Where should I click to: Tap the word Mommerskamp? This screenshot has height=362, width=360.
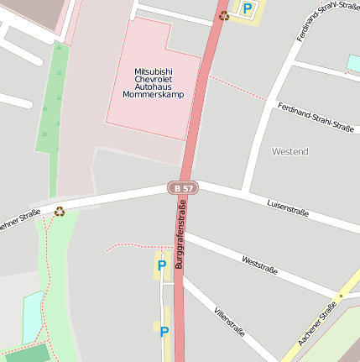click(153, 94)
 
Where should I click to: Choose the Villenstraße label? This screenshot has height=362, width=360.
click(229, 321)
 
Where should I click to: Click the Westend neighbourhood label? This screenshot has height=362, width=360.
click(290, 151)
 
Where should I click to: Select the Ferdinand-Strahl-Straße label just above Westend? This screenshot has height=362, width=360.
click(316, 117)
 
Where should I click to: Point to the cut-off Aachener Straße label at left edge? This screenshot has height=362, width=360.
click(18, 220)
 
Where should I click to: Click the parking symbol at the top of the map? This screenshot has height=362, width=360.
click(248, 8)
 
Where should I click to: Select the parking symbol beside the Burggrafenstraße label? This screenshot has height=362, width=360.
click(161, 265)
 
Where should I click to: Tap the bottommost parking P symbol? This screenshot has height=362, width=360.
click(164, 332)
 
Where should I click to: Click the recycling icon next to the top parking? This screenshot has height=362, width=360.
click(224, 15)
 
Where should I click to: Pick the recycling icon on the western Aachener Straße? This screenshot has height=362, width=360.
click(60, 211)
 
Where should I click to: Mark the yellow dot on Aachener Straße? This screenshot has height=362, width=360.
click(341, 296)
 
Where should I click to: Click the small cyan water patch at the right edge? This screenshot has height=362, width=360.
click(353, 64)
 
